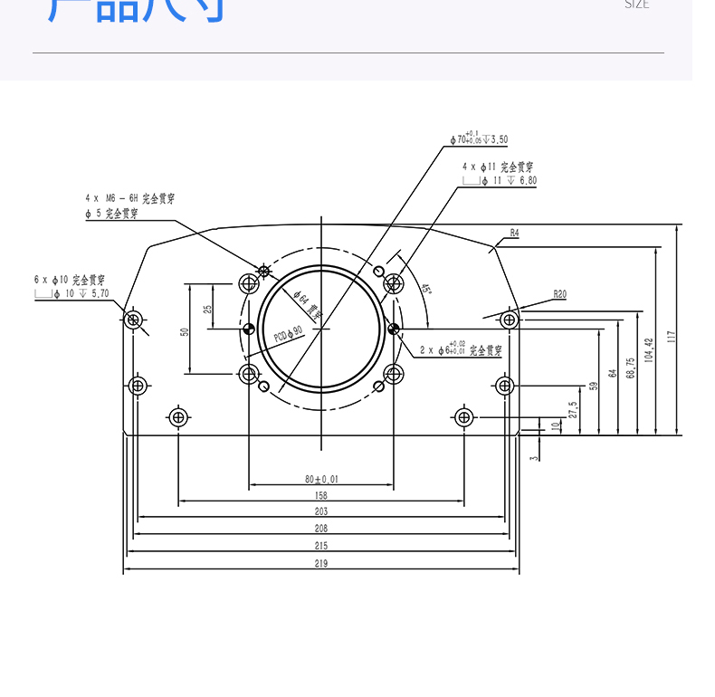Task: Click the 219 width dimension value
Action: [321, 563]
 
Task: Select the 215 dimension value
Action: [321, 545]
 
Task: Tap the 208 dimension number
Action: [321, 528]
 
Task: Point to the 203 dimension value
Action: [321, 511]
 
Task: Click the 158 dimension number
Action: [321, 495]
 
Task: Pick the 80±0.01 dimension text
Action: [321, 479]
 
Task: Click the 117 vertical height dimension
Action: [671, 336]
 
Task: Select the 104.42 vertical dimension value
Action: [648, 350]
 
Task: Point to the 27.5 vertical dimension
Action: [572, 410]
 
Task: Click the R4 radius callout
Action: [514, 233]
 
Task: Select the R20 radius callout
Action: [559, 294]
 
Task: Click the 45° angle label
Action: [425, 290]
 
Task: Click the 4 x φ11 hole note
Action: [497, 167]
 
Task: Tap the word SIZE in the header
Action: [637, 5]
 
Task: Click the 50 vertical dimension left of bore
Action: [185, 332]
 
